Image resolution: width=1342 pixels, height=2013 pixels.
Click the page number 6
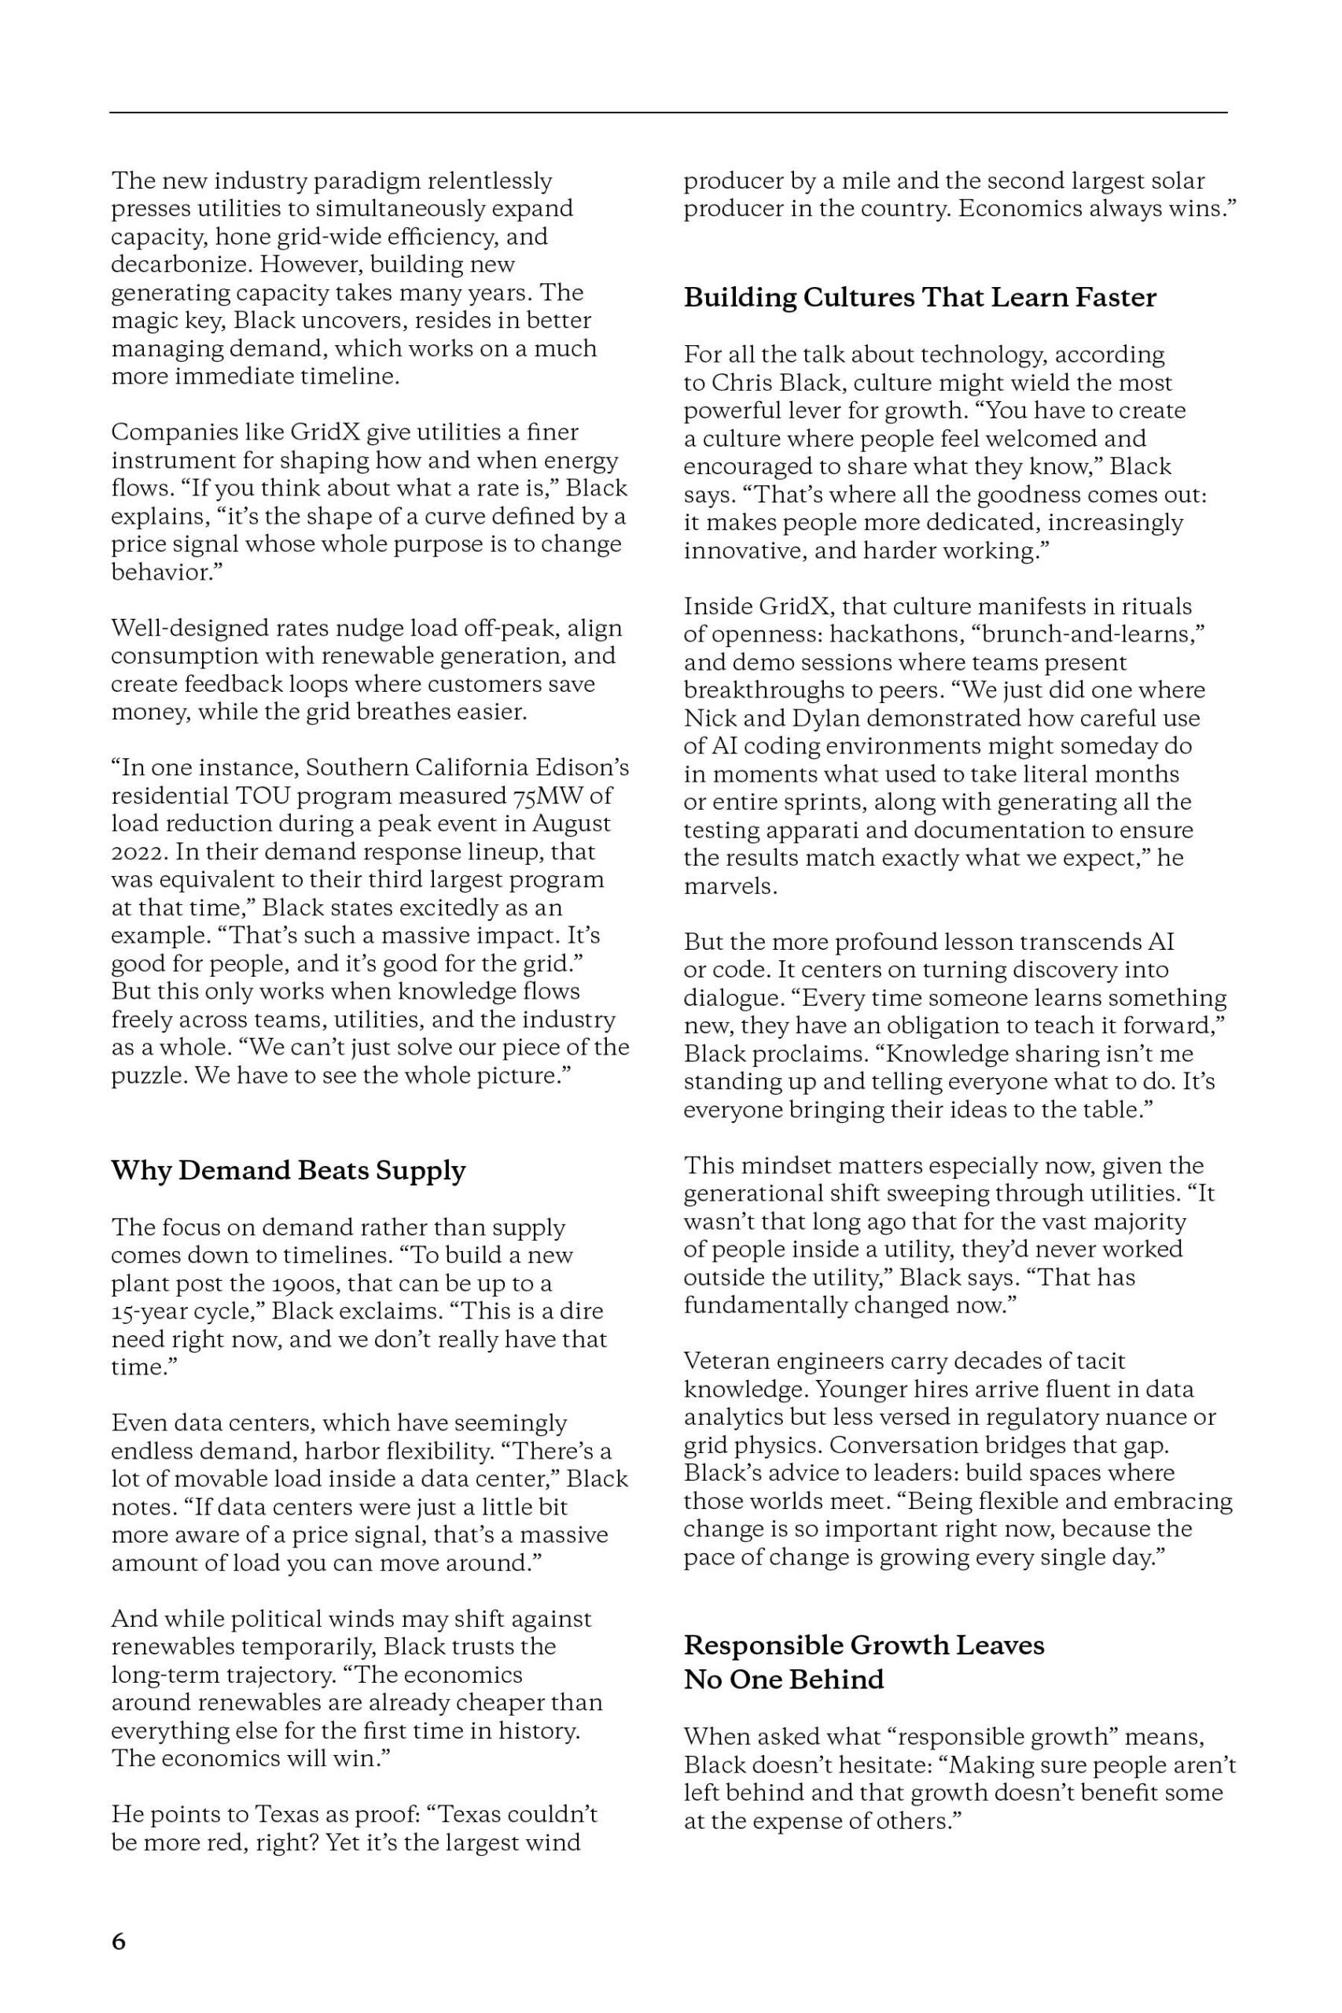[118, 1941]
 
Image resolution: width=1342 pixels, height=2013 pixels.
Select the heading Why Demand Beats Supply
[289, 1170]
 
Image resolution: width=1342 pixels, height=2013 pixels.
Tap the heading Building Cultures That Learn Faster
[920, 297]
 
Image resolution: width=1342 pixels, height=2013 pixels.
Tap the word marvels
[730, 886]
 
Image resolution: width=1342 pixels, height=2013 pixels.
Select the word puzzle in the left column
[147, 1075]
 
